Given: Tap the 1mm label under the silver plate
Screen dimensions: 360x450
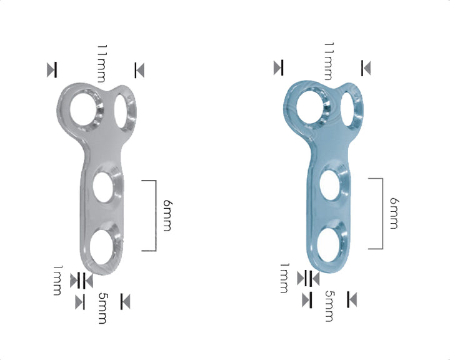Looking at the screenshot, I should (57, 280).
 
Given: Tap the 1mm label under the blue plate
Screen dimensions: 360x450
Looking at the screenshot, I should (284, 278).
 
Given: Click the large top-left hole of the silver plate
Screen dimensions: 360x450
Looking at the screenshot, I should (84, 109).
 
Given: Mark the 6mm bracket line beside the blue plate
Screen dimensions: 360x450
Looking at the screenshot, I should (381, 213).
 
